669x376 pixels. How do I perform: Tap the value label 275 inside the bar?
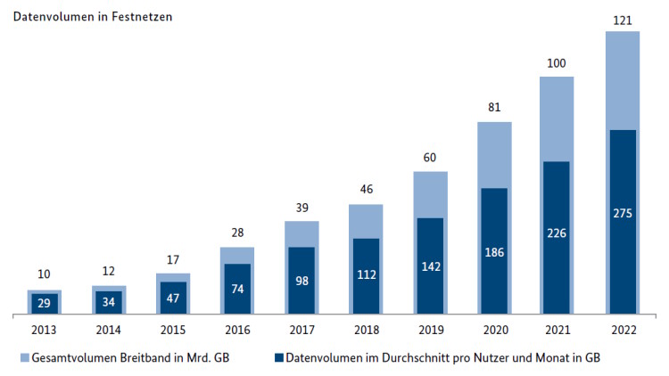tap(622, 214)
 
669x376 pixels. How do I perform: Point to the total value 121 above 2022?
tap(622, 19)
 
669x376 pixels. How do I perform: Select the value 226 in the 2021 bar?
tap(557, 234)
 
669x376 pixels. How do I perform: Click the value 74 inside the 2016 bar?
tap(236, 290)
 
